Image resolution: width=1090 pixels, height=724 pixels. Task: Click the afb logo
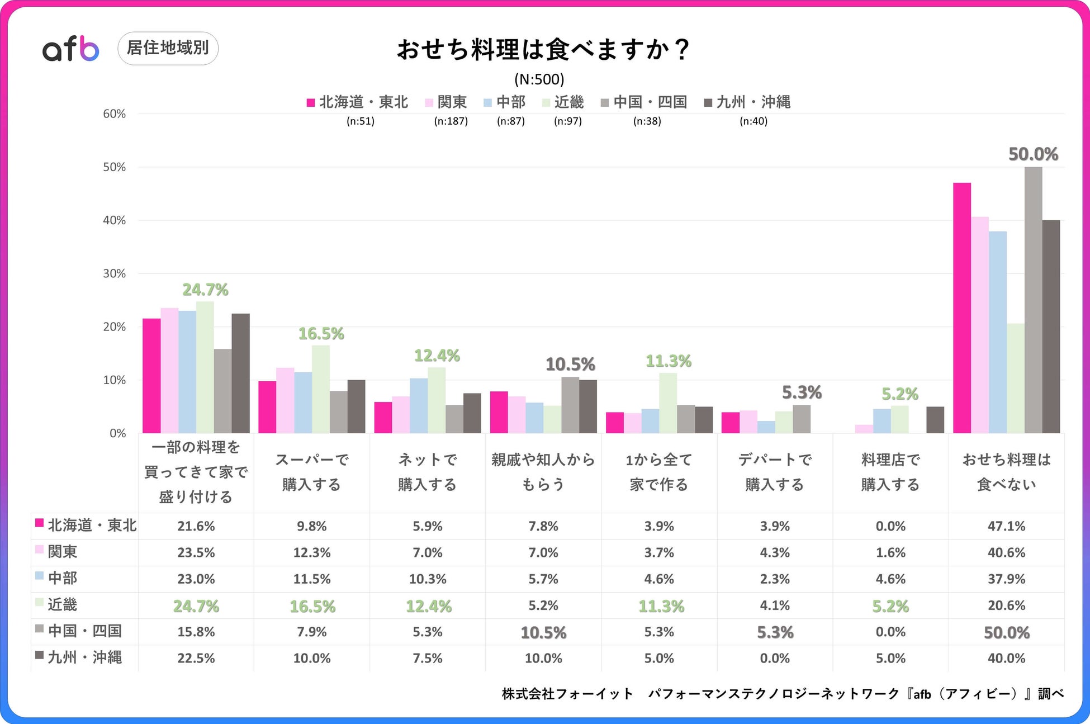(x=70, y=49)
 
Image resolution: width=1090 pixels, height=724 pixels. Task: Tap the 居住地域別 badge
(x=168, y=48)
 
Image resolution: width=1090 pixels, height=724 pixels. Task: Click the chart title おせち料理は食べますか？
(x=543, y=50)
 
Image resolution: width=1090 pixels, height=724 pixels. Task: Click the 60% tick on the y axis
(x=114, y=114)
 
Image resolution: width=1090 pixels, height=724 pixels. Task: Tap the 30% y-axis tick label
(x=114, y=273)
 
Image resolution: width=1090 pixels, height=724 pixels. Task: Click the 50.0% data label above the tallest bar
(x=1033, y=154)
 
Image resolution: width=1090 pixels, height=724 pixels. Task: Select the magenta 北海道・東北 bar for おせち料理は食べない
(x=961, y=307)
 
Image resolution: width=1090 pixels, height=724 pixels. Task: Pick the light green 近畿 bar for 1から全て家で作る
(x=668, y=403)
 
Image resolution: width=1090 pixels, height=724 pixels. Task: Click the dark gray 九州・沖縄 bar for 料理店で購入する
(x=935, y=420)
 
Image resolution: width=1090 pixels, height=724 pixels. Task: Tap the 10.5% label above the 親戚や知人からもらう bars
(x=570, y=365)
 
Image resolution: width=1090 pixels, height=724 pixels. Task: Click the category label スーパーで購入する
(x=312, y=472)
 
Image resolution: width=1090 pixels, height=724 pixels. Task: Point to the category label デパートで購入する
(x=775, y=472)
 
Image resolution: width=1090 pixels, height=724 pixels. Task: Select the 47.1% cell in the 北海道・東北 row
(x=1006, y=526)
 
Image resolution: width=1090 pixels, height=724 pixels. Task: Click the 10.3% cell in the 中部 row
(x=428, y=579)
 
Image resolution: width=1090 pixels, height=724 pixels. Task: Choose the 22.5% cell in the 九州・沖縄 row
(x=196, y=658)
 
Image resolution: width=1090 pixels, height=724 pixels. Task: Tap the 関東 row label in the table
(x=62, y=552)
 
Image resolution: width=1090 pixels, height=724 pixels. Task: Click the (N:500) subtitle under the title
(x=539, y=79)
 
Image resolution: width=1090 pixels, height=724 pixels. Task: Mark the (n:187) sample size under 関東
(x=451, y=121)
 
